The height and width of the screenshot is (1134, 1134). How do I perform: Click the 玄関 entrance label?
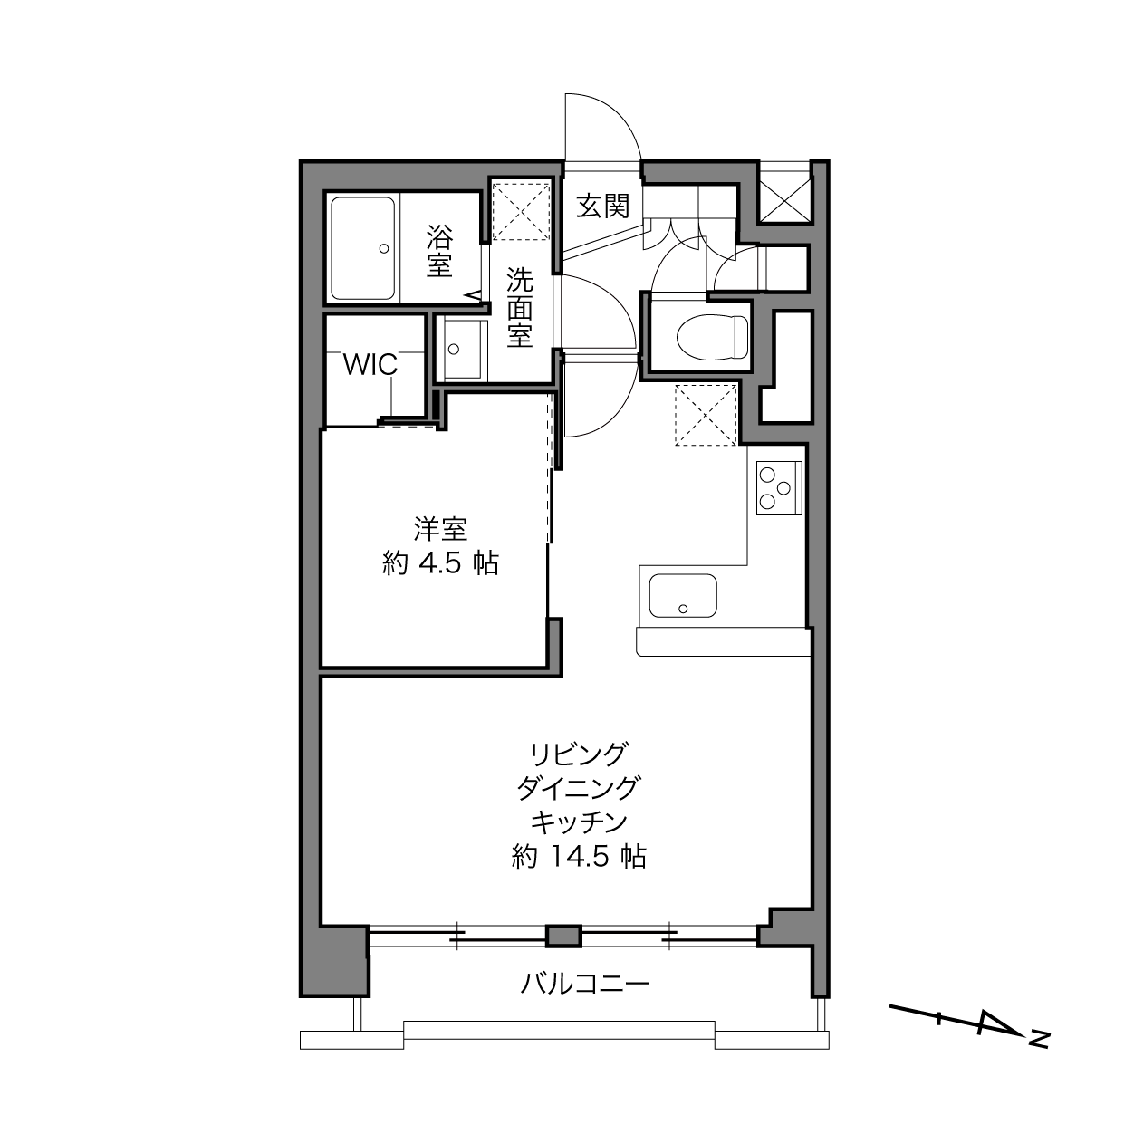[602, 206]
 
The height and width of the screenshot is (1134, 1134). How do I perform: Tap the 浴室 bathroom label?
[439, 251]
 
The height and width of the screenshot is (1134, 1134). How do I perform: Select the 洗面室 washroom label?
[520, 307]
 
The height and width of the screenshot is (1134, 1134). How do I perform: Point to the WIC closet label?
[370, 365]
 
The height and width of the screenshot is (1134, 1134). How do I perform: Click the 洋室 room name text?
[440, 529]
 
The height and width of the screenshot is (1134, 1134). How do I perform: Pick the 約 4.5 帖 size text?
[440, 564]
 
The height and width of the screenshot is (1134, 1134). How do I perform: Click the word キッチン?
[579, 822]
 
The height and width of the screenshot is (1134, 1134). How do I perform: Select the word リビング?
[579, 754]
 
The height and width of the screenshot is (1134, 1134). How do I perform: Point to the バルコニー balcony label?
[585, 984]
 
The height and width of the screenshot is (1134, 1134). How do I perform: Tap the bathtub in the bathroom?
[362, 249]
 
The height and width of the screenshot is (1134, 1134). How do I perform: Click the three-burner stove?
[779, 488]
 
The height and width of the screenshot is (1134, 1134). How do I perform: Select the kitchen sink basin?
[683, 596]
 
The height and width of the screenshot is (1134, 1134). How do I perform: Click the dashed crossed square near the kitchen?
[706, 415]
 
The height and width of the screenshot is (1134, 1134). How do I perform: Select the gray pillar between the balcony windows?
[563, 936]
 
